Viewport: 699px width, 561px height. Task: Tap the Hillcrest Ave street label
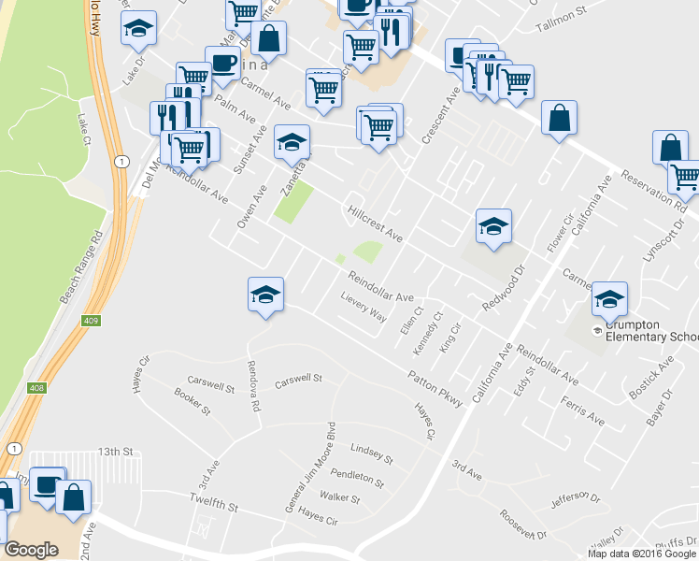pyautogui.click(x=374, y=225)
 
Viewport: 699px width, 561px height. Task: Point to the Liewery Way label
pyautogui.click(x=364, y=311)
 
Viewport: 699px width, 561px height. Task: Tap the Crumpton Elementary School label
pyautogui.click(x=651, y=330)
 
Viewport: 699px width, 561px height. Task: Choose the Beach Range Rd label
pyautogui.click(x=78, y=269)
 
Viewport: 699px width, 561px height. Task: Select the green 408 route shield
pyautogui.click(x=36, y=387)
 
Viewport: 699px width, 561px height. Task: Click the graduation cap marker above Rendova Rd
pyautogui.click(x=265, y=295)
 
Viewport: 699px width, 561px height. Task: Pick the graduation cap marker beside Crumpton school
pyautogui.click(x=609, y=298)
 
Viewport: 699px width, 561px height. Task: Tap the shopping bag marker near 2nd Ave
pyautogui.click(x=73, y=497)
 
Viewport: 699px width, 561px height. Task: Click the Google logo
pyautogui.click(x=31, y=550)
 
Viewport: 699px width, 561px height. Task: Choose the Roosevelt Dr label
pyautogui.click(x=522, y=525)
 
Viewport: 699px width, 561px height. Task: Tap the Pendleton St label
pyautogui.click(x=357, y=479)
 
